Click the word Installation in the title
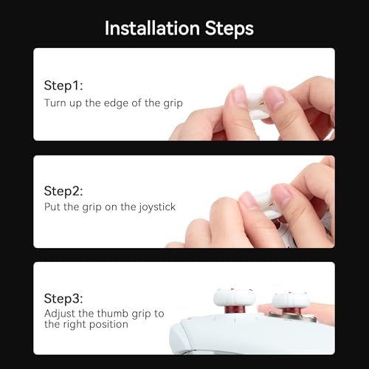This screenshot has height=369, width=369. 152,28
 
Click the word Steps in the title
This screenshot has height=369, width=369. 229,28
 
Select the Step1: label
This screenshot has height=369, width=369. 64,86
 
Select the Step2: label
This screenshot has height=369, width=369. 65,191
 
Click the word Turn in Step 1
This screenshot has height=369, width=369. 55,103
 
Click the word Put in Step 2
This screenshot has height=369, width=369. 52,207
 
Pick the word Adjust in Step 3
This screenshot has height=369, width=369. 59,314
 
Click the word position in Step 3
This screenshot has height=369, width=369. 110,324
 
